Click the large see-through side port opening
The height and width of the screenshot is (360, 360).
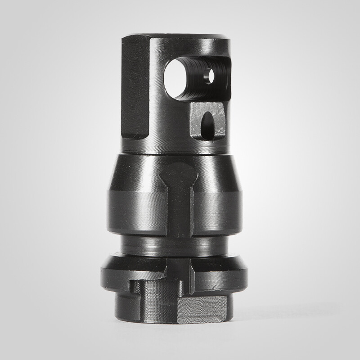(176, 78)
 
